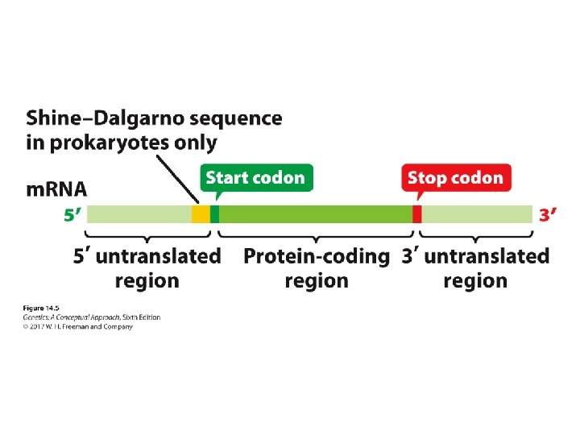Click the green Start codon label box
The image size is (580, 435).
pyautogui.click(x=255, y=177)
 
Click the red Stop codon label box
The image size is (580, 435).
pyautogui.click(x=455, y=177)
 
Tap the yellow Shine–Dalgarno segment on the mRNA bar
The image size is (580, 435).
pyautogui.click(x=201, y=214)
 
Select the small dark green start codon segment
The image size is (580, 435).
pyautogui.click(x=214, y=214)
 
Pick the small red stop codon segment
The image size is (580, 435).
pyautogui.click(x=416, y=214)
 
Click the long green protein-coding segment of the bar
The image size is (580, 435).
pyautogui.click(x=314, y=214)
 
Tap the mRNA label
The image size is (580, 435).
pyautogui.click(x=56, y=190)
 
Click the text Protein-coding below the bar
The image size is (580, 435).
pyautogui.click(x=316, y=257)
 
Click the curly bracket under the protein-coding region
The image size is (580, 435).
pyautogui.click(x=316, y=234)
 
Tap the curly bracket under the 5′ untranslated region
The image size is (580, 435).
pyautogui.click(x=147, y=234)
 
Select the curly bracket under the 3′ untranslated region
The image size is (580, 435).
pyautogui.click(x=475, y=234)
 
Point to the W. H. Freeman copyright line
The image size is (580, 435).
pyautogui.click(x=77, y=327)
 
